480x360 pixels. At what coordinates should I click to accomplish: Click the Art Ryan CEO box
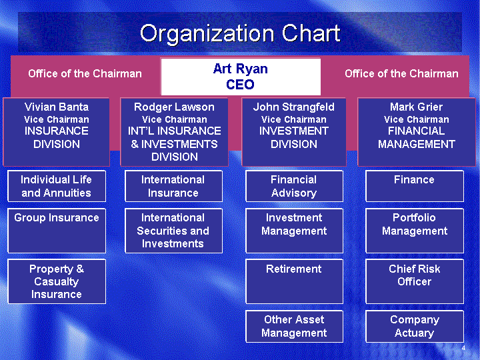241,77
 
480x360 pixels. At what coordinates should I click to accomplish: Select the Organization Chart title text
240,33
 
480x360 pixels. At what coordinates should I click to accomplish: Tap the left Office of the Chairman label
85,74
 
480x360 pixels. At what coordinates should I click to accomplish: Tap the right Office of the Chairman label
401,74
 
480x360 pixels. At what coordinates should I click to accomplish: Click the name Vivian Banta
57,107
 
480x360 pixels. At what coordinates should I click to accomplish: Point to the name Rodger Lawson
174,107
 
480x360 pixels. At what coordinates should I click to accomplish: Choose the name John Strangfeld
294,107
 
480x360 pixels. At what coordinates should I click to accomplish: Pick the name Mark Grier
416,107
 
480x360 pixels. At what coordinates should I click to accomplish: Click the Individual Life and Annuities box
57,186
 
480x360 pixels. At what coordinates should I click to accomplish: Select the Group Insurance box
57,231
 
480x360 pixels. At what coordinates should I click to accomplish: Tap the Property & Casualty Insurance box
57,281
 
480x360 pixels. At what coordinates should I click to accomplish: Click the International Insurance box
173,186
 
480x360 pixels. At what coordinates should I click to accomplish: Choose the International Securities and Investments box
173,231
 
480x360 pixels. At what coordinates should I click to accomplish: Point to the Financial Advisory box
294,186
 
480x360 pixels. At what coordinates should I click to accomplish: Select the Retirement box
294,281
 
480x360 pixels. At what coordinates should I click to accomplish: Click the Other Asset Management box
294,326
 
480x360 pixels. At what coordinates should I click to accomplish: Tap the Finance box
415,186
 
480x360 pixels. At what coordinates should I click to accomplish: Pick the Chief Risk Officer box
415,281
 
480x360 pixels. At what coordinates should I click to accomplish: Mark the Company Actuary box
415,326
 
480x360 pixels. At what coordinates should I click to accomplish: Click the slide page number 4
463,348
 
